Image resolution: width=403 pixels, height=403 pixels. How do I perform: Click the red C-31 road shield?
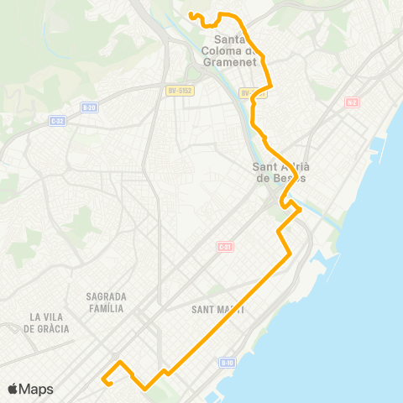(224, 246)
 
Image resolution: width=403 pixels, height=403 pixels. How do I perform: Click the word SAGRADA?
(106, 296)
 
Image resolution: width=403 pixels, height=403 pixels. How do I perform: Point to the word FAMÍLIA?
(106, 308)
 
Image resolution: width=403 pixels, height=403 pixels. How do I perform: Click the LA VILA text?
(47, 317)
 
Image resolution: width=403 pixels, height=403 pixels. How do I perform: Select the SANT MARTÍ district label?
(218, 309)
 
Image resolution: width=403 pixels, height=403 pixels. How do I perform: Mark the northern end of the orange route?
(191, 13)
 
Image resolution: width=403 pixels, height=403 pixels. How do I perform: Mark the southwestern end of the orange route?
(103, 379)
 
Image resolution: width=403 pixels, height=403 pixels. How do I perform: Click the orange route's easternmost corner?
(301, 212)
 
